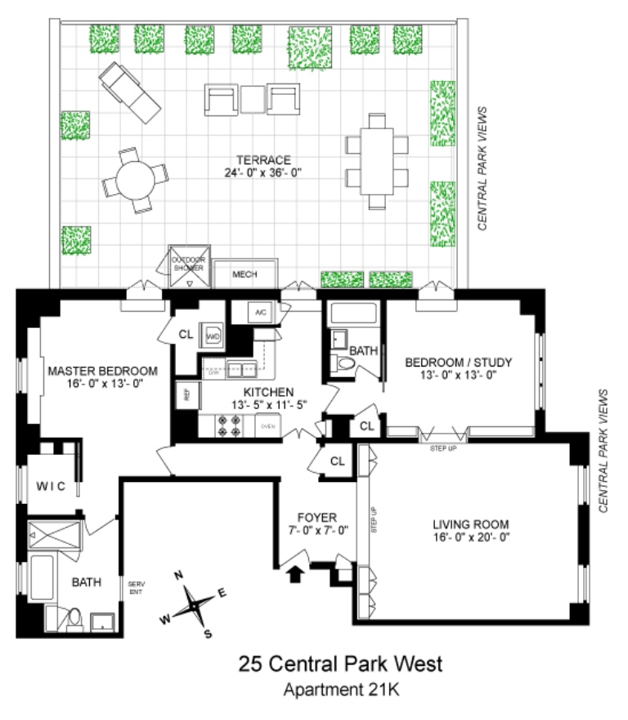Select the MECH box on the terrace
coord(244,274)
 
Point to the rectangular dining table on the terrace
coord(377,161)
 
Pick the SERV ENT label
coord(136,587)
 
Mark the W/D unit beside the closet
coord(213,335)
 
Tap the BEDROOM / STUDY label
coord(451,366)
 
